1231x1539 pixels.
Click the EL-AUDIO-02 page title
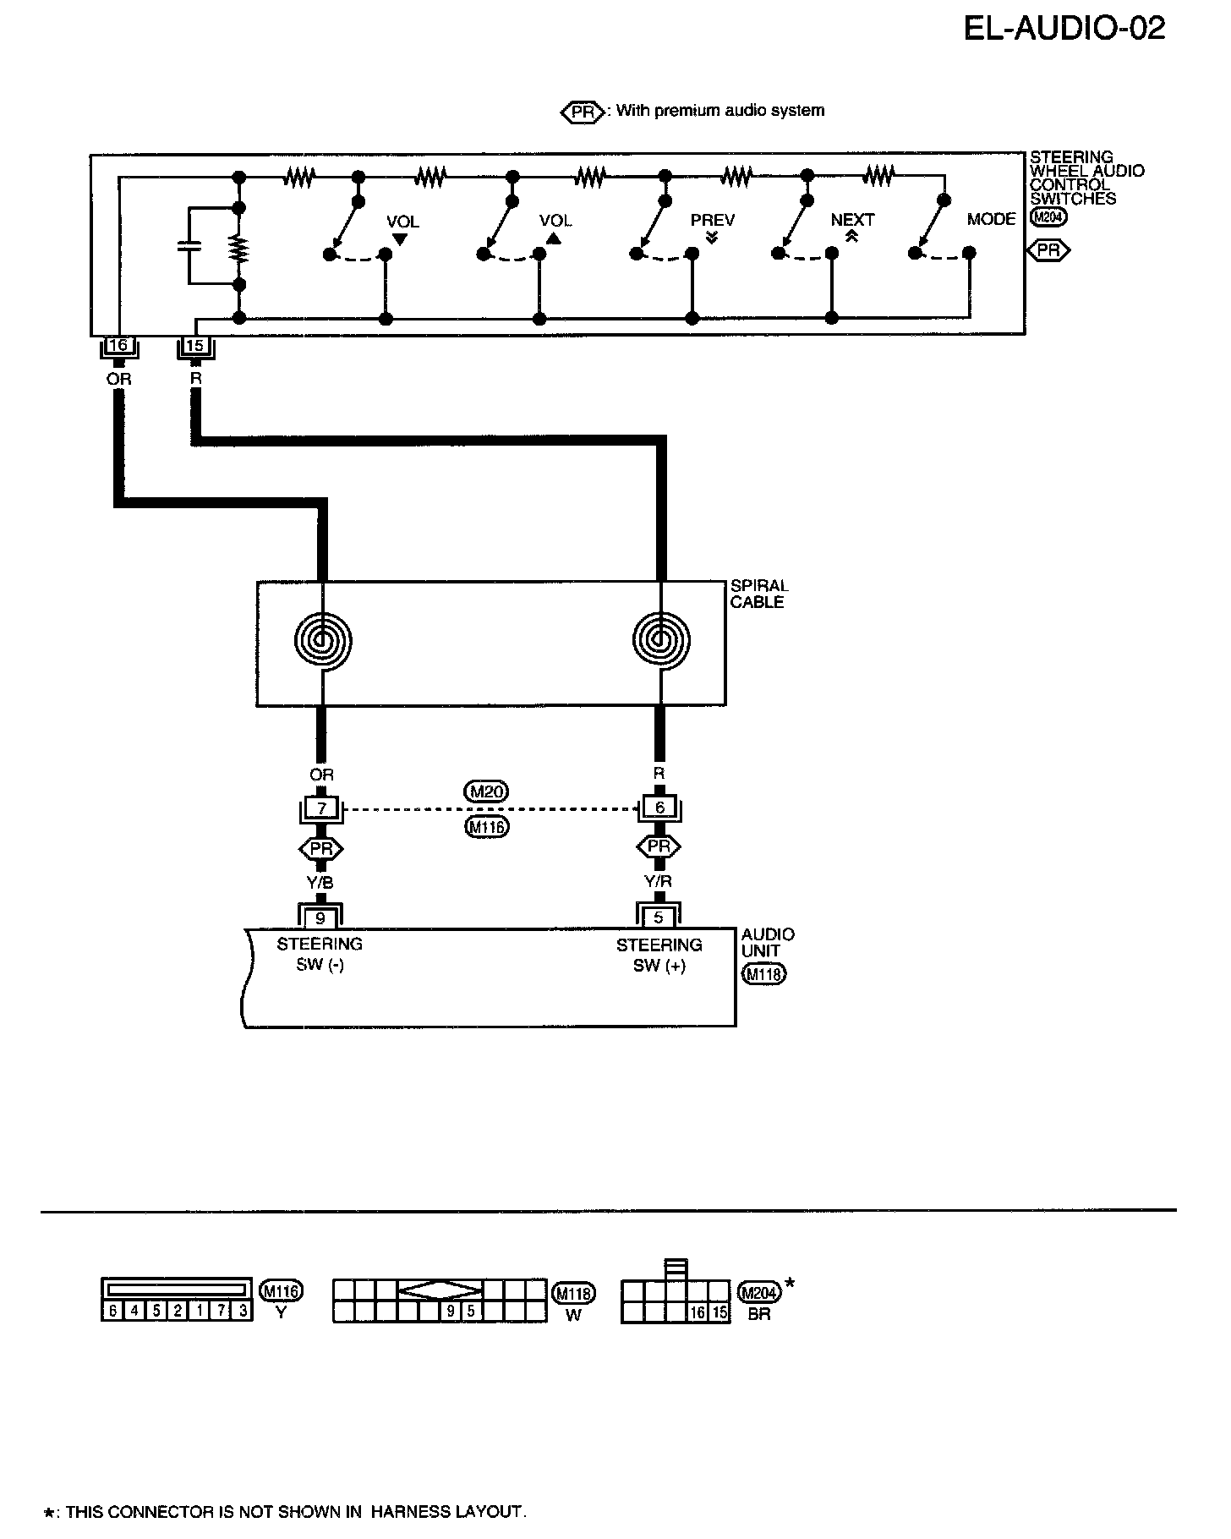[1064, 29]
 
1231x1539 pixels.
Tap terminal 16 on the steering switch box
[118, 346]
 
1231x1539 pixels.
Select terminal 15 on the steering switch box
[195, 346]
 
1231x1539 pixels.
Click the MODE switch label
[991, 220]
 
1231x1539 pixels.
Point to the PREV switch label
[712, 221]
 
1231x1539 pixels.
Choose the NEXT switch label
[852, 221]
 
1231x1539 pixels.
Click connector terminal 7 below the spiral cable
[321, 808]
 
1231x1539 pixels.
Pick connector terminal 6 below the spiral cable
[660, 808]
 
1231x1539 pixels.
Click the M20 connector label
[486, 791]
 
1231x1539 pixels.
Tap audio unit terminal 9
[320, 918]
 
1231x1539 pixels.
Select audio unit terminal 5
[659, 918]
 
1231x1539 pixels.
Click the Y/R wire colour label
[659, 884]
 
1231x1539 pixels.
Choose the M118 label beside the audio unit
[764, 975]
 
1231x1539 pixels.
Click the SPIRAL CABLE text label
[758, 594]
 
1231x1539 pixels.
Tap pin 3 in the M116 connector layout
[243, 1312]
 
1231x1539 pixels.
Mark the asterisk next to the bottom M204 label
[790, 1284]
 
